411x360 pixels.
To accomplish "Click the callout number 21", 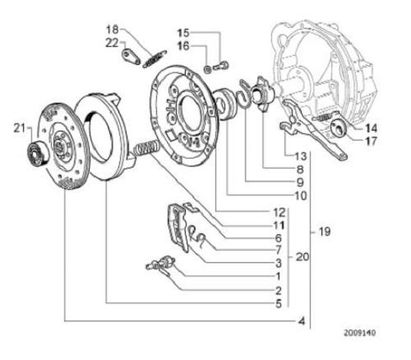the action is coord(20,128).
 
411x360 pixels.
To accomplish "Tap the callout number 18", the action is coord(113,29).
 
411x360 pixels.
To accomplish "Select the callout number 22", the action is coord(113,43).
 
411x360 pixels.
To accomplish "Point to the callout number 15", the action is coord(183,33).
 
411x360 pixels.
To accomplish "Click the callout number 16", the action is coord(183,46).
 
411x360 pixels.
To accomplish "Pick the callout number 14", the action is coord(371,128).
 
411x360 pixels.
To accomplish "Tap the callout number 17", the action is coord(371,141).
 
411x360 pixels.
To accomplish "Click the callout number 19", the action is coord(325,232).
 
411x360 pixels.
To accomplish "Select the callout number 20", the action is coord(302,257).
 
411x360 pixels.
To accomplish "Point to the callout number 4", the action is coord(302,321).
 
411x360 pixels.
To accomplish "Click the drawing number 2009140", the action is coord(360,333).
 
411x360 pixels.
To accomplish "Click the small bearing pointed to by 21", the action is coord(38,154).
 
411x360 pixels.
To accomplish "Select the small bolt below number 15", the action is coord(222,66).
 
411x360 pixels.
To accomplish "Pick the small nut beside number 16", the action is coord(208,69).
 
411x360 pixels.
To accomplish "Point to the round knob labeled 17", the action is coord(338,127).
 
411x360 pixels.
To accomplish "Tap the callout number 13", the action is coord(301,156).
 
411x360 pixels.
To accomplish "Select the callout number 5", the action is coord(279,303).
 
